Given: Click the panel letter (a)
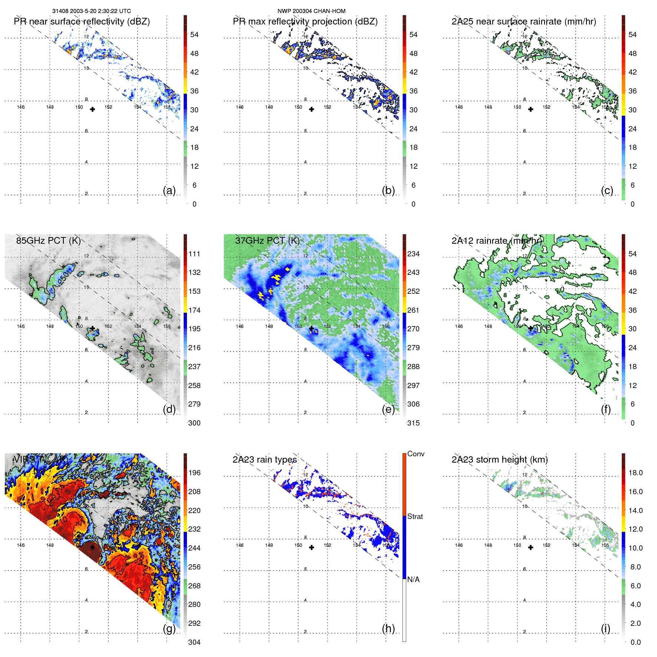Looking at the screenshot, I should (169, 191).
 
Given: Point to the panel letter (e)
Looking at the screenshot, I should (388, 410).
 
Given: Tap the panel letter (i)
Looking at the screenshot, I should (605, 628).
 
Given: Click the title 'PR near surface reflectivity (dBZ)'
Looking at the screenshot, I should (82, 22).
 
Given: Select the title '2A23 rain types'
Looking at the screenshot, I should (265, 460).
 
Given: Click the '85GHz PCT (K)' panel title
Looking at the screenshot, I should (48, 240).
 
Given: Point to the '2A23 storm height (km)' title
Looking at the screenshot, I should (499, 460).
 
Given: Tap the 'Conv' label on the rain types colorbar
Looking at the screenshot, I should (415, 454).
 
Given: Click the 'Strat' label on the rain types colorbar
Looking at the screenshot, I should (415, 516).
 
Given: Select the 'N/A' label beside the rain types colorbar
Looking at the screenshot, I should (413, 579).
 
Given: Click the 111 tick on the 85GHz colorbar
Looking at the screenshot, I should (194, 254).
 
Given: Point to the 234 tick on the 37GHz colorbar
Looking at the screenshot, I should (413, 254).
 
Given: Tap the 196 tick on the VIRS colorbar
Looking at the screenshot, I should (194, 473).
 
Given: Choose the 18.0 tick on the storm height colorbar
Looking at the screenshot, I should (635, 473).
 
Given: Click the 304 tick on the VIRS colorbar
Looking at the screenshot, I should (194, 642).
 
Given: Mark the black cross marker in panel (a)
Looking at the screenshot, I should (92, 109).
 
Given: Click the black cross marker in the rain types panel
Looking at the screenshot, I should (312, 548).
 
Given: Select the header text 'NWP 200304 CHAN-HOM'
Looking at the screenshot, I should (311, 11).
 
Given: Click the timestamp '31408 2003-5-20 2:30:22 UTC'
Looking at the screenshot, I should (92, 11).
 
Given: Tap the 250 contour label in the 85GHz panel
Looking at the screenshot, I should (63, 277).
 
